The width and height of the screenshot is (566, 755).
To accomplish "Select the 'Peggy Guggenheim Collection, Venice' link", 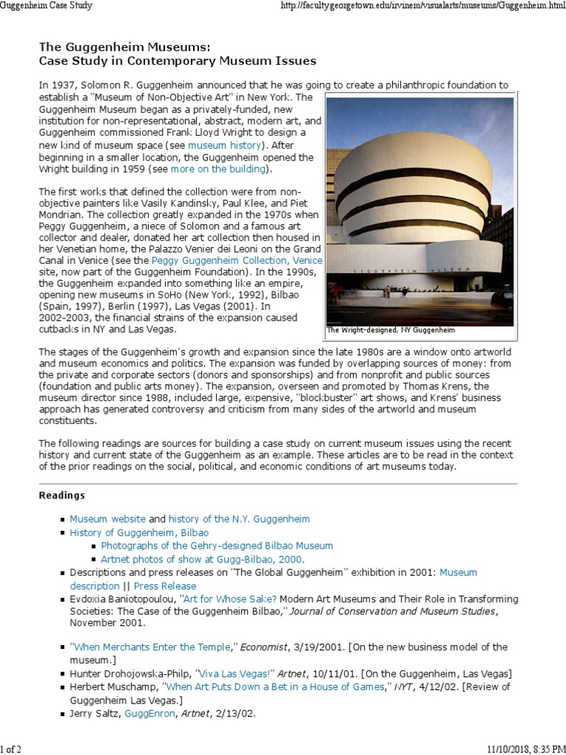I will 237,260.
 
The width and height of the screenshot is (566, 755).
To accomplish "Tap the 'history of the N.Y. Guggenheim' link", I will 239,519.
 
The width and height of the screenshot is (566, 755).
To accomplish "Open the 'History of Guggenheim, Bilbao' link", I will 139,532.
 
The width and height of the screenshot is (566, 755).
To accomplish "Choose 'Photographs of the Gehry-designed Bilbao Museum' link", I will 217,546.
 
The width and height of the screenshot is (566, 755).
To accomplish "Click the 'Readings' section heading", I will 61,495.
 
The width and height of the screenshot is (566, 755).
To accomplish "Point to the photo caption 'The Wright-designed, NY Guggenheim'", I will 391,331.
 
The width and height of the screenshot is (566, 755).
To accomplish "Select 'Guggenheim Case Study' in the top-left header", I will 46,6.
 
